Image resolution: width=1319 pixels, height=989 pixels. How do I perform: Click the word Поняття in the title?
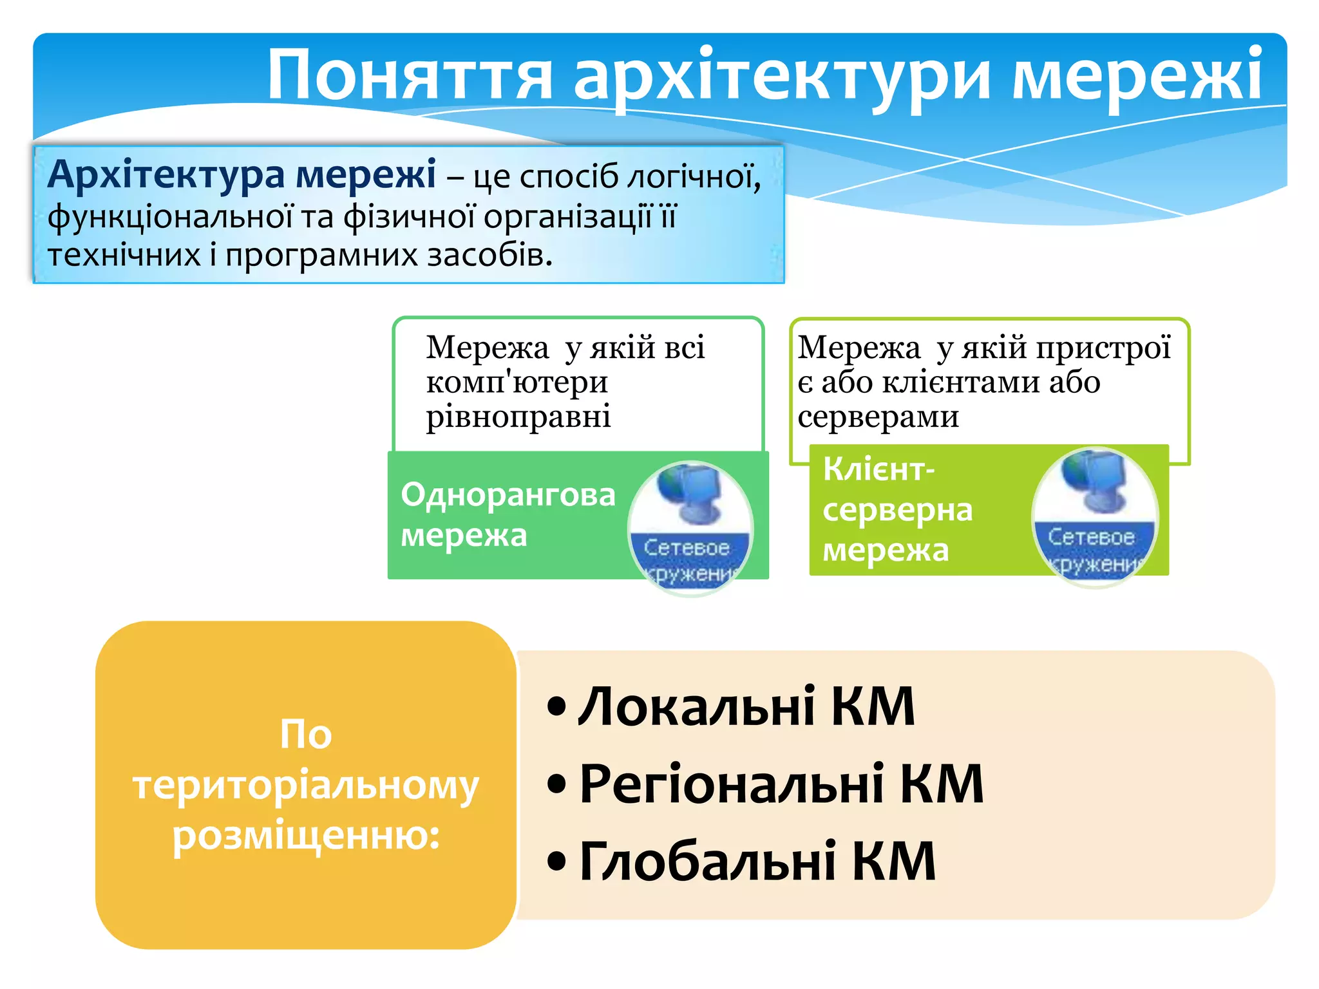click(410, 76)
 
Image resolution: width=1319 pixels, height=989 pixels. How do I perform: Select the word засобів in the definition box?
click(490, 255)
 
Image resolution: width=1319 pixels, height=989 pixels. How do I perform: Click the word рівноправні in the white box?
click(518, 416)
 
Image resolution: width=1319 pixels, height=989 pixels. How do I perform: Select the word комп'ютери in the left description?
click(517, 382)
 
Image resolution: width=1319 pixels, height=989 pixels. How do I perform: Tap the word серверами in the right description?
click(878, 417)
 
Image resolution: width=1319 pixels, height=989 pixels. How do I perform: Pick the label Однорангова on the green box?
click(508, 494)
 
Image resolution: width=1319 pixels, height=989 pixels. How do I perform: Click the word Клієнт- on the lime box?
click(878, 469)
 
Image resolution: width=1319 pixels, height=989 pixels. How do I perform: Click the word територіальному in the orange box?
click(305, 786)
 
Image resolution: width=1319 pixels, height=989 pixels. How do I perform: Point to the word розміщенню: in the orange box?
click(306, 836)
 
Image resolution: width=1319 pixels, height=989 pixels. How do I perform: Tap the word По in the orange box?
click(305, 734)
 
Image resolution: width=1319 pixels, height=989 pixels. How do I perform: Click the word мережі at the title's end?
click(1137, 76)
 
